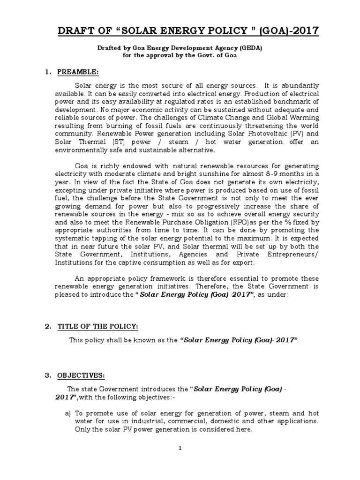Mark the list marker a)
click(68, 413)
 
